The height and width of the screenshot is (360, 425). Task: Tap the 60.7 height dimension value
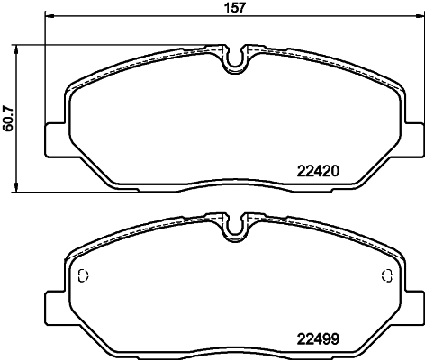click(x=9, y=116)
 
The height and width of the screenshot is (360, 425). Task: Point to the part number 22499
click(x=317, y=340)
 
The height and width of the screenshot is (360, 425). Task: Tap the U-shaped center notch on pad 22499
click(x=234, y=229)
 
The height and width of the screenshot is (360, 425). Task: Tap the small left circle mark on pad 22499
click(x=83, y=276)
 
